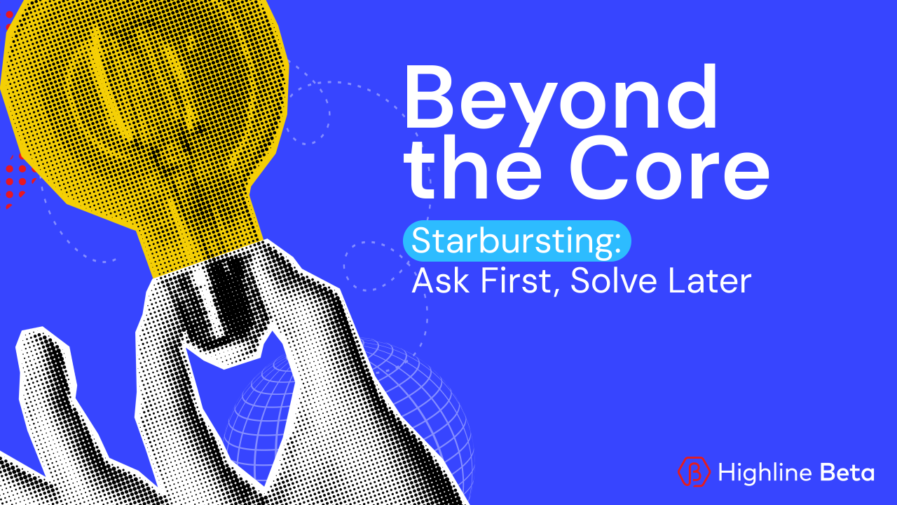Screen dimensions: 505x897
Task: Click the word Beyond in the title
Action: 561,98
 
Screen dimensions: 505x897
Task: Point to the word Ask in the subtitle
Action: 434,281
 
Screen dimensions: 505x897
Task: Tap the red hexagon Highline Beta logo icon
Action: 694,471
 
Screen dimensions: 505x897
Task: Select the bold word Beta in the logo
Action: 847,472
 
